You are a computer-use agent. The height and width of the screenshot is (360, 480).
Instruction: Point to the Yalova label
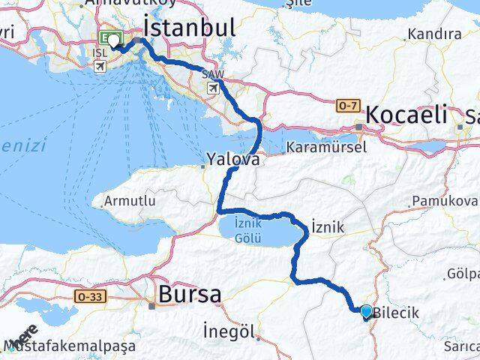click(234, 160)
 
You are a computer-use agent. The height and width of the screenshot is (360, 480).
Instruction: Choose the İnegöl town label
click(230, 331)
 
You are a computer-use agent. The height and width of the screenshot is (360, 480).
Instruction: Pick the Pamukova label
click(445, 202)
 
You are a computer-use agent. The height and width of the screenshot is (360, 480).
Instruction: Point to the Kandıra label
click(434, 34)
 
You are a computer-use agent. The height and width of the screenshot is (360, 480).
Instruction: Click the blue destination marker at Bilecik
click(366, 311)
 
